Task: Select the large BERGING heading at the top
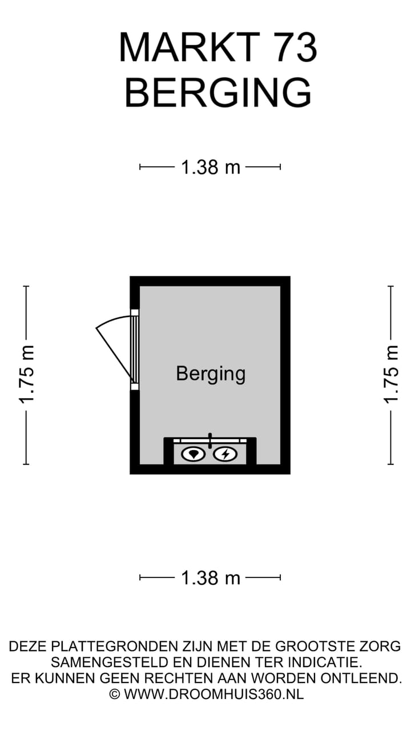pos(218,93)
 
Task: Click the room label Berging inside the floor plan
pos(211,374)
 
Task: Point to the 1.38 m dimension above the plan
pos(211,167)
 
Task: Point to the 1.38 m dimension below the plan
pos(211,578)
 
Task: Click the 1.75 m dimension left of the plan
pos(26,375)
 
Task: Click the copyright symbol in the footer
pos(115,694)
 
